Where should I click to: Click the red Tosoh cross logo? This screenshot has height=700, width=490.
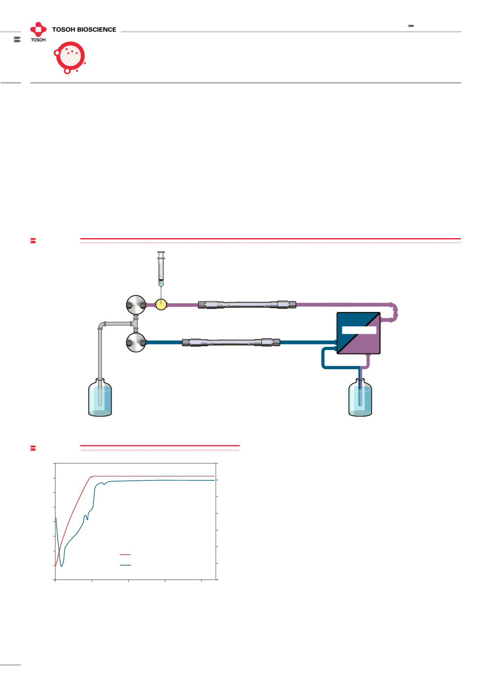coord(38,29)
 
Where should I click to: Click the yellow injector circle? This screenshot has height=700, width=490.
coord(161,304)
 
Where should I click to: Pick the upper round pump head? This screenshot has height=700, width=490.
coord(136,305)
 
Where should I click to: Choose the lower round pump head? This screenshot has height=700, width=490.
coord(136,342)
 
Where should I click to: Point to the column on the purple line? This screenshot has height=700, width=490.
coord(247,304)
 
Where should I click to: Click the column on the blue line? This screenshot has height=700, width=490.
coord(231,342)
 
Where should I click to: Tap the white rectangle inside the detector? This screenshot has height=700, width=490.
coord(359,330)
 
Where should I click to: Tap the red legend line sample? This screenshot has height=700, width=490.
coord(125,554)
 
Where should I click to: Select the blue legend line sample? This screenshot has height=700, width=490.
coord(125,565)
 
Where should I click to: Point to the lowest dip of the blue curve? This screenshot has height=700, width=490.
coord(61,566)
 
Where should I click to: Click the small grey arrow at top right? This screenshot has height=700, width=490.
coord(411,26)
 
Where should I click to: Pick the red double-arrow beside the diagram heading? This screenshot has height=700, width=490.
coord(33,240)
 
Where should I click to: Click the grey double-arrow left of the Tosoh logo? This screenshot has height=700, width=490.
coord(17,39)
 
